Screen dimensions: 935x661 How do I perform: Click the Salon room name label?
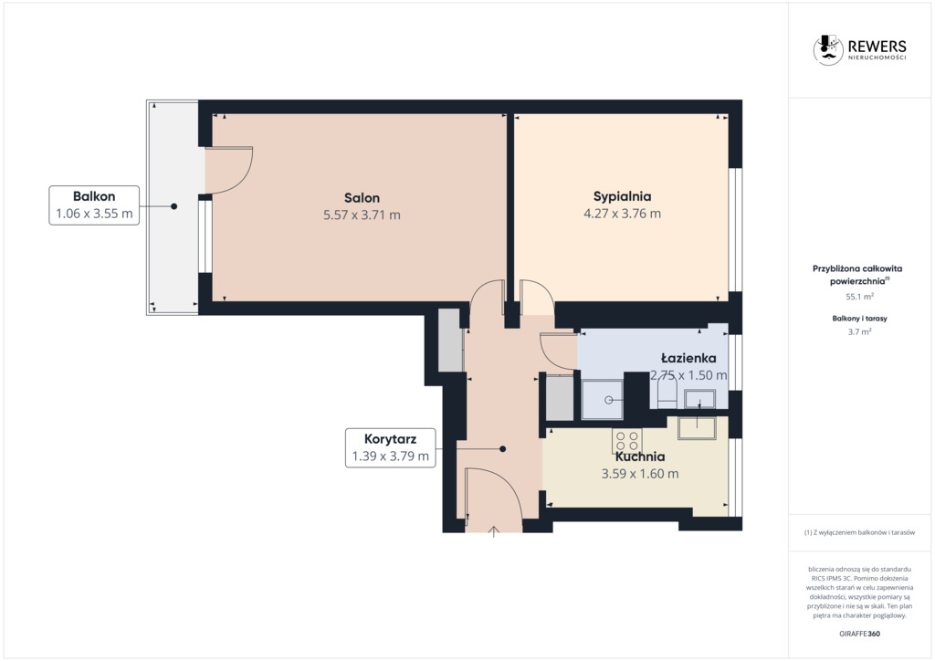pyautogui.click(x=362, y=198)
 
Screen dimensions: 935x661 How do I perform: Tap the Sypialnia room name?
pyautogui.click(x=622, y=196)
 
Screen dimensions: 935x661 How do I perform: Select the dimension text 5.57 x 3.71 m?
pyautogui.click(x=362, y=215)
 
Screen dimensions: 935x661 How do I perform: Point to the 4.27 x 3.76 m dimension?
pyautogui.click(x=622, y=214)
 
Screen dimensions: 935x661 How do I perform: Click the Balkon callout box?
pyautogui.click(x=94, y=205)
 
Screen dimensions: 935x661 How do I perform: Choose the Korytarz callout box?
pyautogui.click(x=391, y=447)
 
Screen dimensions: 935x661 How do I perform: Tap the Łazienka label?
pyautogui.click(x=688, y=358)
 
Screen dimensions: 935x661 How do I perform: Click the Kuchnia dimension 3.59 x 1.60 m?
pyautogui.click(x=640, y=474)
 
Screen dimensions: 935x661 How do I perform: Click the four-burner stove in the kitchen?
pyautogui.click(x=626, y=441)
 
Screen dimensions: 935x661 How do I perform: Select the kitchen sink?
pyautogui.click(x=697, y=427)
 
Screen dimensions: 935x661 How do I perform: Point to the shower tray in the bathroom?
pyautogui.click(x=603, y=399)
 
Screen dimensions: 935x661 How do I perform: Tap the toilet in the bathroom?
pyautogui.click(x=667, y=394)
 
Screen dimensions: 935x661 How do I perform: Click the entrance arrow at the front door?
pyautogui.click(x=493, y=531)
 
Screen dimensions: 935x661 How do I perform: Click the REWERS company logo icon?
pyautogui.click(x=828, y=49)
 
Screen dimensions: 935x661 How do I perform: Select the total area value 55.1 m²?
pyautogui.click(x=859, y=296)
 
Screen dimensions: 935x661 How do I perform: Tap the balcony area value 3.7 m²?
pyautogui.click(x=859, y=332)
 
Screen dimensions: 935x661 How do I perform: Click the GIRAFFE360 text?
pyautogui.click(x=859, y=634)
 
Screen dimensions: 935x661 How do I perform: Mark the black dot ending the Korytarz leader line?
pyautogui.click(x=503, y=449)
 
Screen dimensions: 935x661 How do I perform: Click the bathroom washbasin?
pyautogui.click(x=699, y=398)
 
